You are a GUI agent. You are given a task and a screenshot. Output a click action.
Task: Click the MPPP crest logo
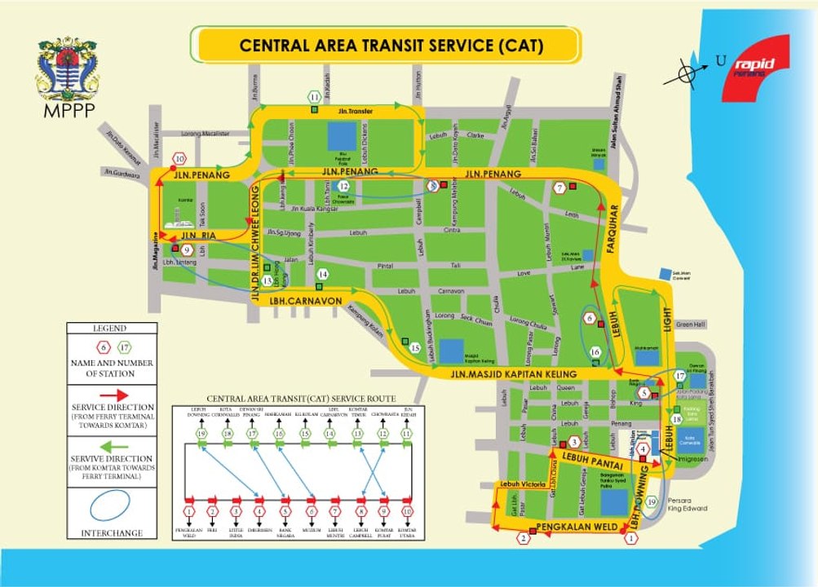click(x=66, y=74)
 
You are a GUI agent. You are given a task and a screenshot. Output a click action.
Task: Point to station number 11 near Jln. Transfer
click(x=314, y=98)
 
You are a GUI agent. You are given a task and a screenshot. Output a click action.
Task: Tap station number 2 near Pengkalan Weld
click(x=524, y=537)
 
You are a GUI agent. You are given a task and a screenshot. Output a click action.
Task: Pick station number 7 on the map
click(x=559, y=188)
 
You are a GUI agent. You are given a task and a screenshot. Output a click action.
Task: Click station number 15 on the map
click(x=415, y=348)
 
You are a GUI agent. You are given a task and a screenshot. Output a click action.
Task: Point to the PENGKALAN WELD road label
click(x=570, y=527)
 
